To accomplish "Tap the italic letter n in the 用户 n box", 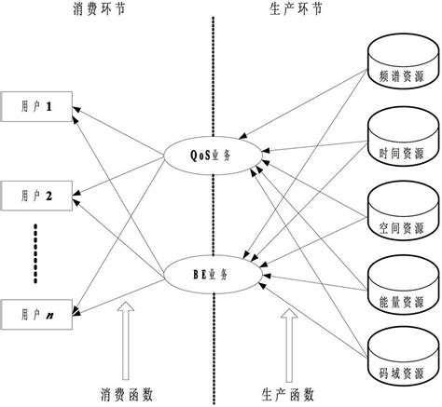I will point(48,313).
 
